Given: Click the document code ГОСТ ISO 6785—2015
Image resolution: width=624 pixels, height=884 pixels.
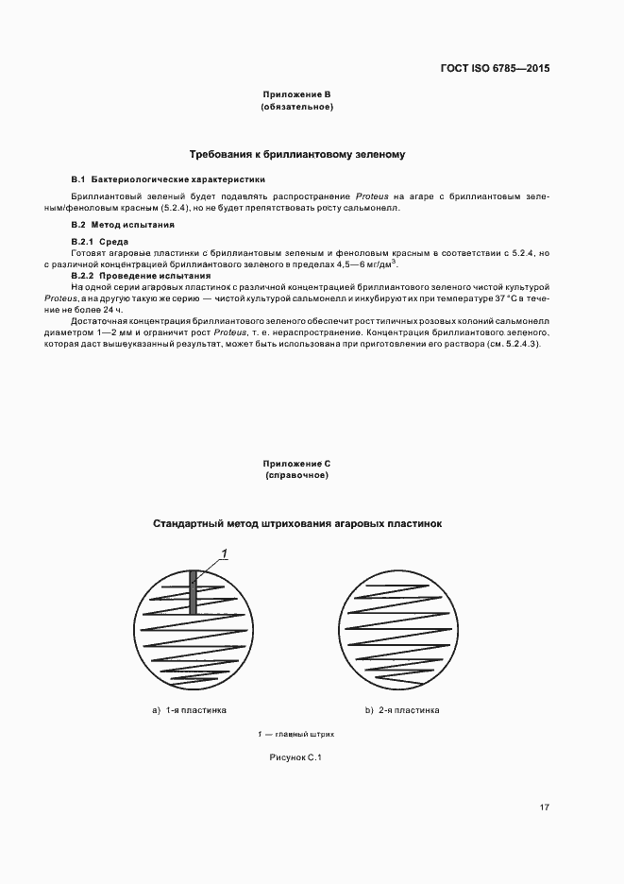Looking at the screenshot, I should tap(495, 69).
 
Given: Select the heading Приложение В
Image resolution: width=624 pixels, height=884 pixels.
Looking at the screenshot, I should tap(296, 94).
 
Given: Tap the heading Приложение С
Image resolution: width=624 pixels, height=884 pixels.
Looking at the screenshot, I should tap(296, 464).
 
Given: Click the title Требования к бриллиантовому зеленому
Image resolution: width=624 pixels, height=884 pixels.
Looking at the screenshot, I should tap(296, 153).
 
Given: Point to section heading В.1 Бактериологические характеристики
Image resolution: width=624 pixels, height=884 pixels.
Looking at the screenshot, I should tap(168, 178).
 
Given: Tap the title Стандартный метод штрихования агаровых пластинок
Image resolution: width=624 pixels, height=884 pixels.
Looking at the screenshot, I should tap(296, 522).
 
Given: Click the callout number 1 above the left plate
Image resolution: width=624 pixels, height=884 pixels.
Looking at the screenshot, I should tap(224, 552).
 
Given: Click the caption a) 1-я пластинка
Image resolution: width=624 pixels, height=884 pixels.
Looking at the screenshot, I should tap(189, 709).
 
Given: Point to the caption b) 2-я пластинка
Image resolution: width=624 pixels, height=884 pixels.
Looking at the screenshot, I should tap(402, 709).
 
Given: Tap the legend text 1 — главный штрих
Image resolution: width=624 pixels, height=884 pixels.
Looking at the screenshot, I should tap(296, 734).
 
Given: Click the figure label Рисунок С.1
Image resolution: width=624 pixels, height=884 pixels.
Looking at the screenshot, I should tap(296, 757).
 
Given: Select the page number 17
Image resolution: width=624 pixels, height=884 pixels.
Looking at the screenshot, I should tap(544, 807).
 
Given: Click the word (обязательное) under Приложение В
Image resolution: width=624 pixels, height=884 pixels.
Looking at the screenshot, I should tap(296, 107).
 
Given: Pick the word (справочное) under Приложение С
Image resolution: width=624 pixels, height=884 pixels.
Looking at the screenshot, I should tap(296, 476).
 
